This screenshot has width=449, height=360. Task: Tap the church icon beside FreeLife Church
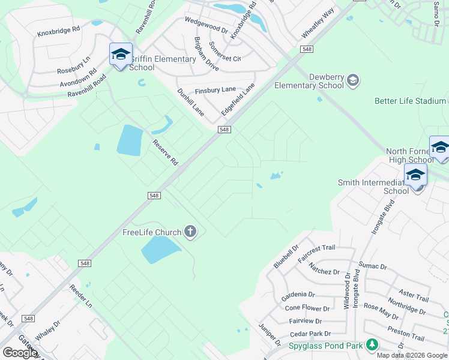tap(190, 232)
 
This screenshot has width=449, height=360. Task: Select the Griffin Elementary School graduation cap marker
tap(121, 55)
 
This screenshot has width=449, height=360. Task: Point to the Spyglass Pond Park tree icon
tap(373, 345)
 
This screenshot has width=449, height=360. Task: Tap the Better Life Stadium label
tap(410, 101)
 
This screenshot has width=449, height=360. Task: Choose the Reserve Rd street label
tap(165, 152)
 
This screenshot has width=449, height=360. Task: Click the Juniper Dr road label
tap(270, 334)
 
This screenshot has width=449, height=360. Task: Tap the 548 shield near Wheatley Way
tap(307, 49)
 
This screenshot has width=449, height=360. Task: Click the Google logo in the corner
tap(20, 353)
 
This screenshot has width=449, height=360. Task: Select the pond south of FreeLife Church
tap(160, 249)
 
